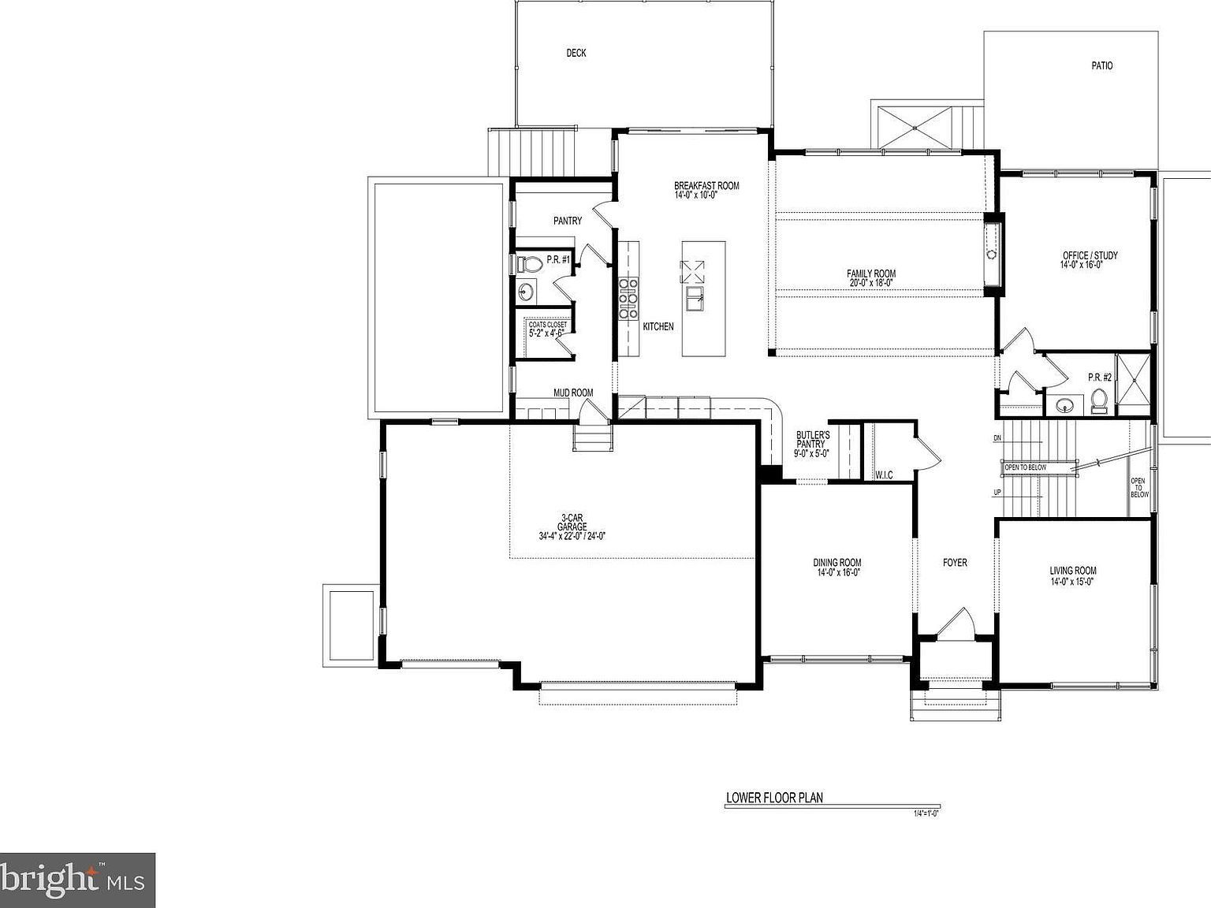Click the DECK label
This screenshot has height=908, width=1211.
[x=576, y=54]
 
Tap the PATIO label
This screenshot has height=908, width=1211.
[x=1101, y=66]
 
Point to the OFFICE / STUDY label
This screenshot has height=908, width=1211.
[x=1090, y=260]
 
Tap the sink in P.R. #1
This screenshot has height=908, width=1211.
[x=526, y=293]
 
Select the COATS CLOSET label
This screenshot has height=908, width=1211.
[x=547, y=329]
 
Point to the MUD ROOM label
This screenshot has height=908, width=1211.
[x=572, y=393]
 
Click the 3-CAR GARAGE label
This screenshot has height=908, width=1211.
[x=572, y=527]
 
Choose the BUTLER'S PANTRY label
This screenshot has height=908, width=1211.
[x=812, y=444]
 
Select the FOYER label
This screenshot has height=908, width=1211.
[x=955, y=563]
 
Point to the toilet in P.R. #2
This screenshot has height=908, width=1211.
[x=1100, y=403]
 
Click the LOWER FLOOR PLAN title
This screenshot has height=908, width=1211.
[x=773, y=798]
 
